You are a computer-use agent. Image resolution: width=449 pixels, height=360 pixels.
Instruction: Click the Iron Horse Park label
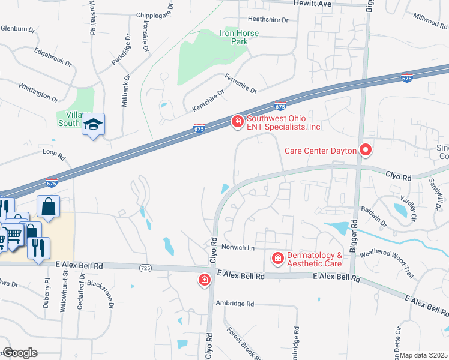point(239,38)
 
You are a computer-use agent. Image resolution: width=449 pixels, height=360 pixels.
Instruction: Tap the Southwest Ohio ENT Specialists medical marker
point(238,122)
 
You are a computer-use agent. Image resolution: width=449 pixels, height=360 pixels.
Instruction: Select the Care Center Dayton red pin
point(365,149)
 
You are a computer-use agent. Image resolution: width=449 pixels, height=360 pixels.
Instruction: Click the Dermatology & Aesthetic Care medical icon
point(277,259)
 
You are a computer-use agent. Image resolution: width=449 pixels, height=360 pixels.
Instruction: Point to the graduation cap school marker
point(93,124)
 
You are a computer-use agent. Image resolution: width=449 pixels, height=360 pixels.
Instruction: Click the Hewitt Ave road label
point(312,4)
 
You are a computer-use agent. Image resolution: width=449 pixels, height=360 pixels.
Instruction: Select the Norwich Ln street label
point(238,247)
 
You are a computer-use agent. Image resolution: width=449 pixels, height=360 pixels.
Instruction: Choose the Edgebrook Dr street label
point(53,58)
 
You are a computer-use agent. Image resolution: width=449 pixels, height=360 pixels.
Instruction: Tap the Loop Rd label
point(53,154)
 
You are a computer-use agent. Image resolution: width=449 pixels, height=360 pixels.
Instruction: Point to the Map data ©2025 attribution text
point(424,355)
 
